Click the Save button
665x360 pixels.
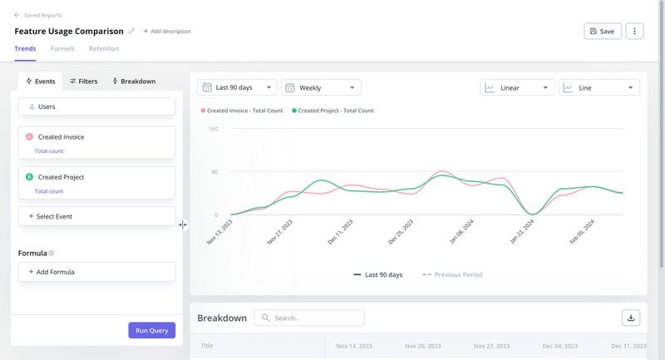click(602, 31)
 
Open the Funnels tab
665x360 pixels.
click(62, 49)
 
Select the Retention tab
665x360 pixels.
click(104, 49)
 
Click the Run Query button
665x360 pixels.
click(151, 330)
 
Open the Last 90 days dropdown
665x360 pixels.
click(237, 87)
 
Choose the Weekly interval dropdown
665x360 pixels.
click(321, 87)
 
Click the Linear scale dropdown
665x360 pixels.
click(518, 87)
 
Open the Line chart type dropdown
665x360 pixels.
click(598, 87)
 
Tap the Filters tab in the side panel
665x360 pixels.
click(83, 81)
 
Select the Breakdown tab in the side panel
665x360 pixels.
click(133, 81)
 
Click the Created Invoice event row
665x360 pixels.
click(96, 142)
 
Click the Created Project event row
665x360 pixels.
click(96, 182)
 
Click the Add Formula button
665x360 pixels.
click(96, 272)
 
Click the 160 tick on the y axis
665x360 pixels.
click(213, 129)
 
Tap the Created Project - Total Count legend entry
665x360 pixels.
click(332, 111)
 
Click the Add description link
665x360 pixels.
click(167, 32)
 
